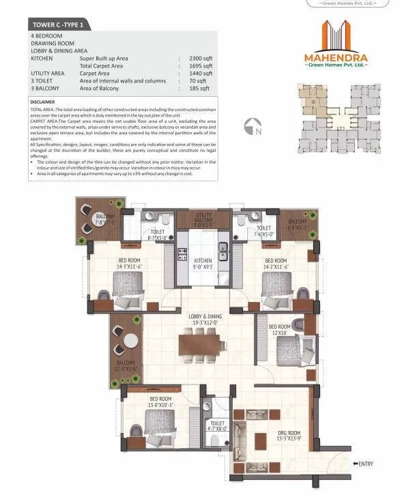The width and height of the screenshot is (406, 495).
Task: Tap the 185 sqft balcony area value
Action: click(198, 88)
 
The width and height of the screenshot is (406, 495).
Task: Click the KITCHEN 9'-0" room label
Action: click(203, 265)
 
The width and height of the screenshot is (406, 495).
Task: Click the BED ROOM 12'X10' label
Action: click(278, 330)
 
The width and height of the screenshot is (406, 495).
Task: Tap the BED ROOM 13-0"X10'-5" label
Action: click(160, 402)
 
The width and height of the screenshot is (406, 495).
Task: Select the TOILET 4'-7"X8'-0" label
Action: click(218, 426)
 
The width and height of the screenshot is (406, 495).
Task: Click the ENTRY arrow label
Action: click(362, 464)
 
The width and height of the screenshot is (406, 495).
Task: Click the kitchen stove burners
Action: click(183, 255)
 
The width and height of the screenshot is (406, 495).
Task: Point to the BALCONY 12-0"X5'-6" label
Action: click(125, 365)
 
